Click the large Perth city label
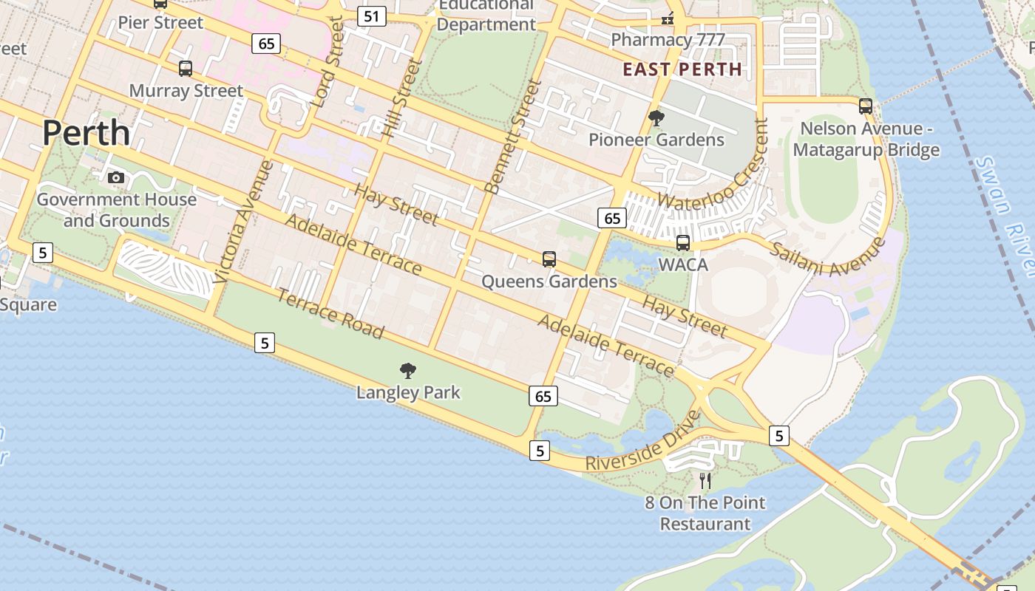tap(86, 133)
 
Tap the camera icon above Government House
tap(116, 177)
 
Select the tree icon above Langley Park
tap(407, 371)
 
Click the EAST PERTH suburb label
tap(682, 69)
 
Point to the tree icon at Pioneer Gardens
tap(656, 118)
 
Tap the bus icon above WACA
tap(683, 242)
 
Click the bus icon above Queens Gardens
tap(549, 259)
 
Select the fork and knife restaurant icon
tap(705, 481)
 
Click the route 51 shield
tap(371, 16)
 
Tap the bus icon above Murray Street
tap(186, 69)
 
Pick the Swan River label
tap(1005, 215)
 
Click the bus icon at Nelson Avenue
tap(866, 106)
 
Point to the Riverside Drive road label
tap(642, 442)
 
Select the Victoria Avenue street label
tap(243, 222)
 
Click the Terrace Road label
tap(330, 313)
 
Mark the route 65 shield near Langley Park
tap(543, 396)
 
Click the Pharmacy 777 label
tap(667, 40)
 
